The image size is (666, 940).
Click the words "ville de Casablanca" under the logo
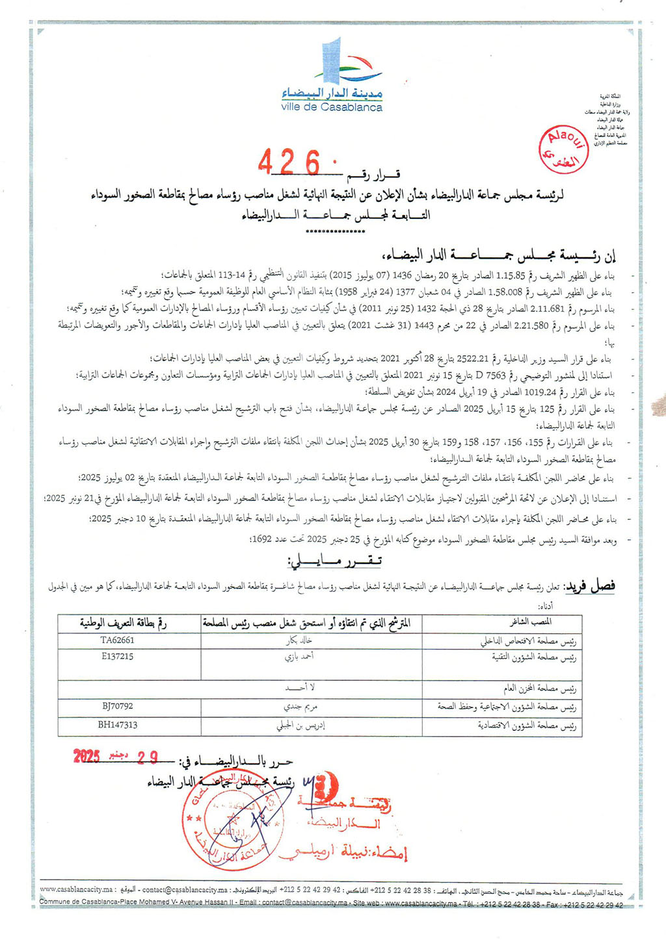(332, 107)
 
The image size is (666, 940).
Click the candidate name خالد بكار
(300, 640)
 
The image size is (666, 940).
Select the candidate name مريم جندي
(299, 707)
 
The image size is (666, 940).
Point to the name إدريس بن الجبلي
(300, 726)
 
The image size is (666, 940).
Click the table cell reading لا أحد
(300, 688)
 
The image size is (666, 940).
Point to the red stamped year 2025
(87, 756)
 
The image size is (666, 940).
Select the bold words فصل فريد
(589, 587)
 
